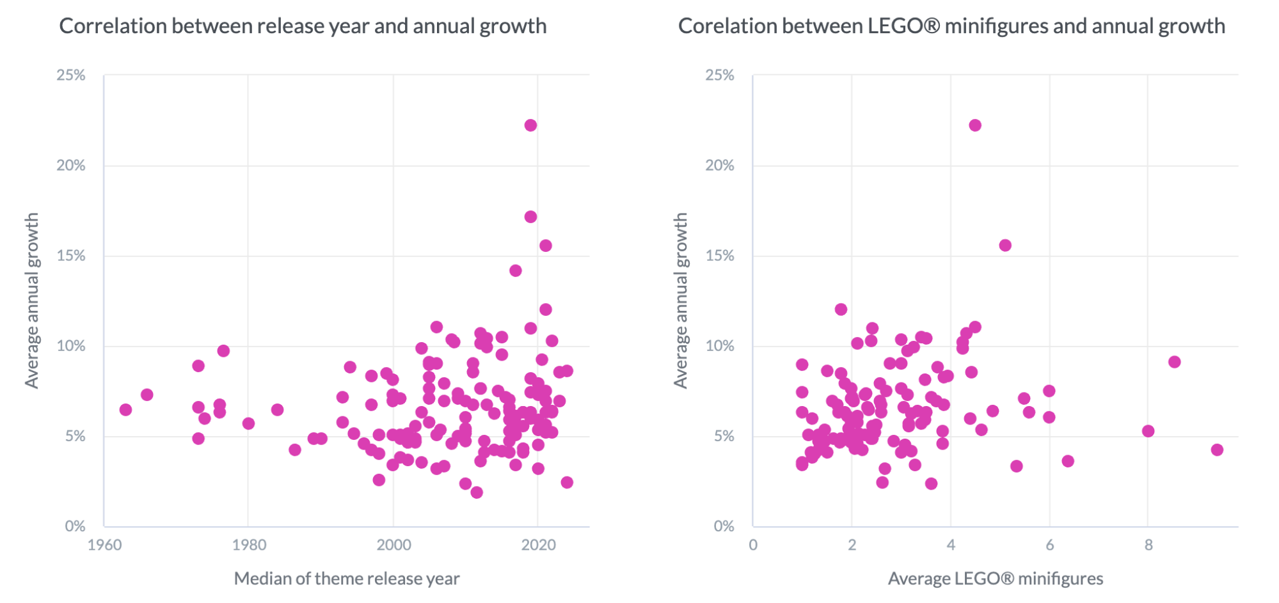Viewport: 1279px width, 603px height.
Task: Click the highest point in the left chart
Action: pos(530,125)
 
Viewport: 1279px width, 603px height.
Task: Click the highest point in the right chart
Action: pos(974,125)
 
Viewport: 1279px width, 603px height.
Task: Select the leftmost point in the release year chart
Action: pos(125,409)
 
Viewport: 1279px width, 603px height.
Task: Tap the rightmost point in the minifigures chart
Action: pos(1217,450)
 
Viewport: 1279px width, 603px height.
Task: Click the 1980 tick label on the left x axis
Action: pos(249,545)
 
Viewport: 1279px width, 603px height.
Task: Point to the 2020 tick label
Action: pos(538,545)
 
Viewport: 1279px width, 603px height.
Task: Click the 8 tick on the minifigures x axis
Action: pos(1148,545)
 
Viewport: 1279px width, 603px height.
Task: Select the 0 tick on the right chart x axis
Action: pos(753,545)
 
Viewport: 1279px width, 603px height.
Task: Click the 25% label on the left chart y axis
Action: pos(70,75)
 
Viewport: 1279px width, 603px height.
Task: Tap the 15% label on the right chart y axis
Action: pos(719,256)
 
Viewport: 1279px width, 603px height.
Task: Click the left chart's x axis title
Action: pos(346,579)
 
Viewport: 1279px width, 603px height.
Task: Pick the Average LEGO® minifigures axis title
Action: pos(995,579)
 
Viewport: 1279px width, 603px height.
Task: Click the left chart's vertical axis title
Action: pos(32,301)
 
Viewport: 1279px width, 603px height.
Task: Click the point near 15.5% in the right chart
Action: pos(1005,246)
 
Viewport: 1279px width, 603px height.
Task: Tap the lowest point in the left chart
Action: pos(476,492)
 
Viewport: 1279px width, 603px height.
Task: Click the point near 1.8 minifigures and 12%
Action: pos(841,309)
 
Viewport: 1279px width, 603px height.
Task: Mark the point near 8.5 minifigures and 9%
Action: pos(1174,362)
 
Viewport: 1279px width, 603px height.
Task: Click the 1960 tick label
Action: pos(104,545)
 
